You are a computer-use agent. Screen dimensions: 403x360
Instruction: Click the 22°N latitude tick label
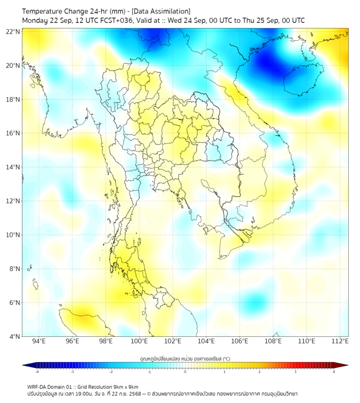[13, 31]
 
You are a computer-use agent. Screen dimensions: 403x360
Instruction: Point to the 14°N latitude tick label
[13, 167]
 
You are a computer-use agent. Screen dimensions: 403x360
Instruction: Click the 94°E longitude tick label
[39, 341]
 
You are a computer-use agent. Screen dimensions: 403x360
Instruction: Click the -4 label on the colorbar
[37, 372]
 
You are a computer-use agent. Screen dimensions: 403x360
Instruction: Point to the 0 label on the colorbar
[185, 372]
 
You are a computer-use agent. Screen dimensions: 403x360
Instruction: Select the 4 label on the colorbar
[333, 372]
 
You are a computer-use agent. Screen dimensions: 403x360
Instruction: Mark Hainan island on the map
[300, 80]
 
